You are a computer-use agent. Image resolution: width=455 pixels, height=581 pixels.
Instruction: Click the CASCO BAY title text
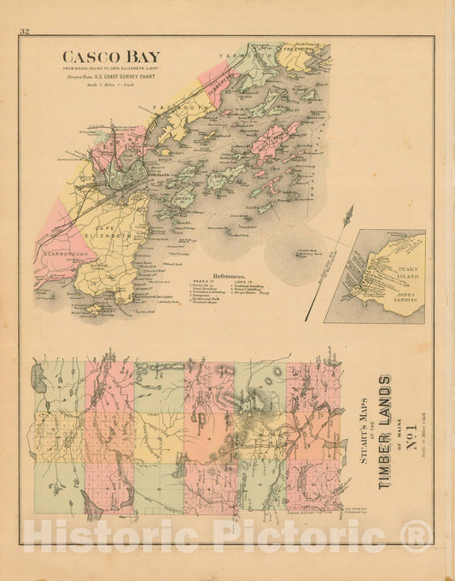110,57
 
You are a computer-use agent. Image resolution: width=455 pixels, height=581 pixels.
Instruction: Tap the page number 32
25,32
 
